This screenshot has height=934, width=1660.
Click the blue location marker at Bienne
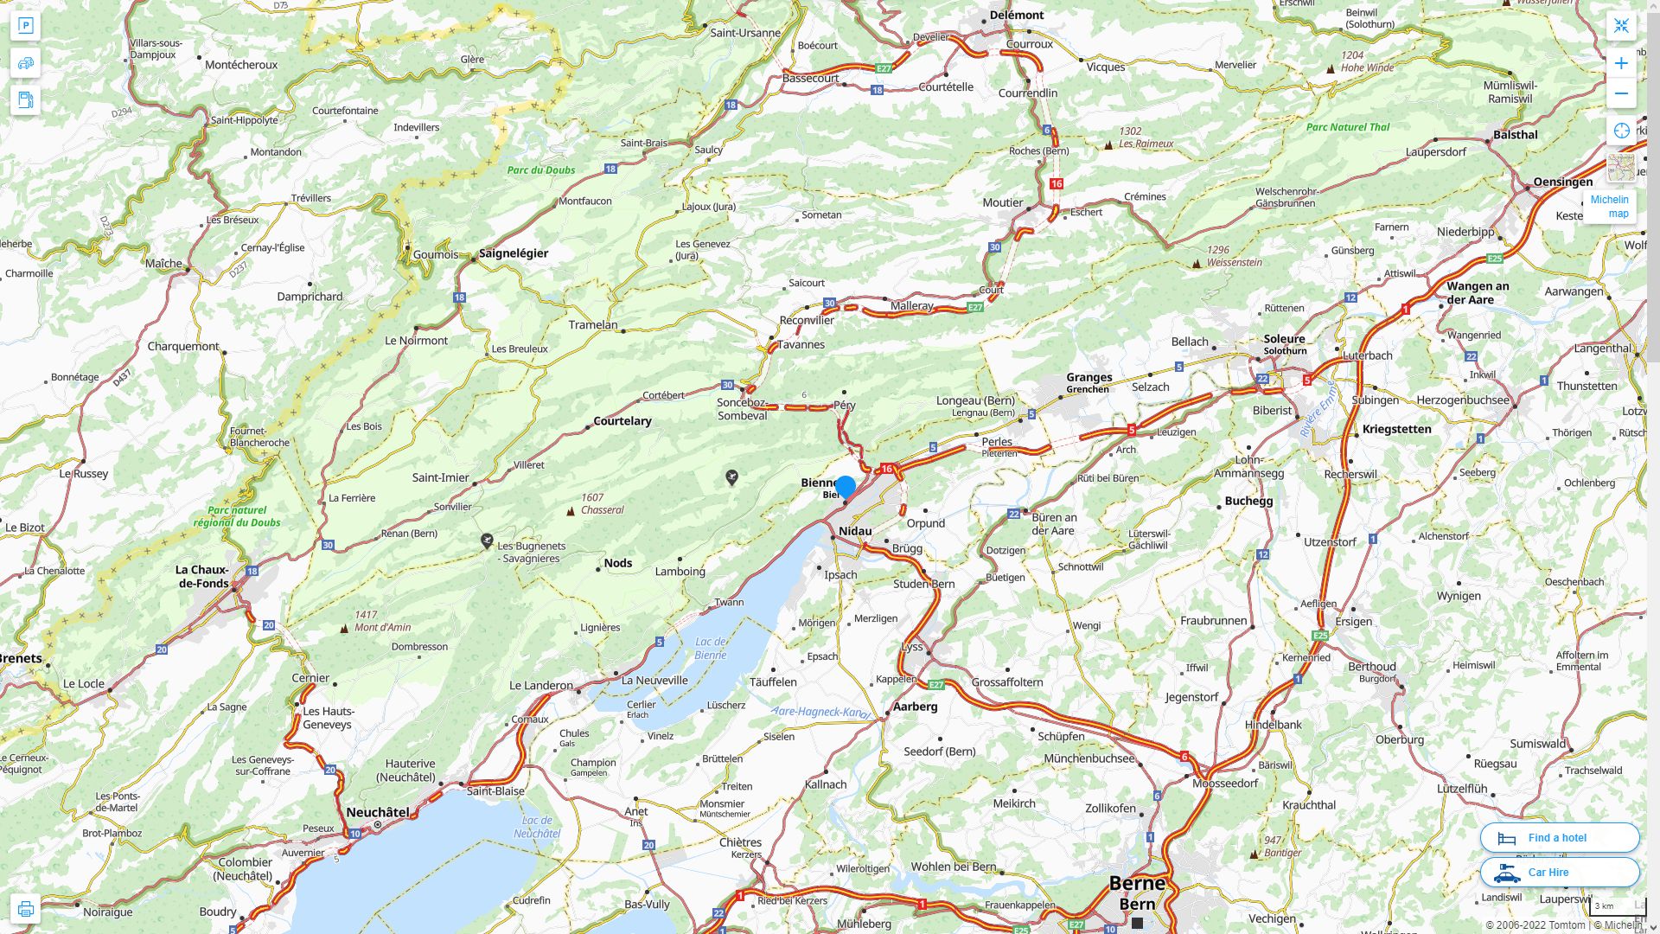click(846, 486)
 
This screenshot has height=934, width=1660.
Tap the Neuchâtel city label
click(378, 812)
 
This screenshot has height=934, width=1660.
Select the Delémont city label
click(1016, 15)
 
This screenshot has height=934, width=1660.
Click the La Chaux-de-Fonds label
click(203, 576)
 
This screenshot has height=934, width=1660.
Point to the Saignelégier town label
click(514, 253)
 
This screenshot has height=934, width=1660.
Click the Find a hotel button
click(1559, 837)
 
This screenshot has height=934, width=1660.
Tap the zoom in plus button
click(1621, 63)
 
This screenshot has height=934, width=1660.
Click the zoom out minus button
click(1621, 93)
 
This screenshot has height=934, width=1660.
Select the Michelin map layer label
click(1609, 206)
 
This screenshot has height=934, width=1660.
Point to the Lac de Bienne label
click(711, 648)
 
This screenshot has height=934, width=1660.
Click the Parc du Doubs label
click(540, 170)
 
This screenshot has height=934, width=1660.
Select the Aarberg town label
click(915, 707)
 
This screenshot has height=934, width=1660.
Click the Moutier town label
click(1002, 202)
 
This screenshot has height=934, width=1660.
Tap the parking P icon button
click(25, 26)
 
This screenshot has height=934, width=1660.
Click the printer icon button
click(25, 909)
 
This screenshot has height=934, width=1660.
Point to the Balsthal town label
click(1515, 135)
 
